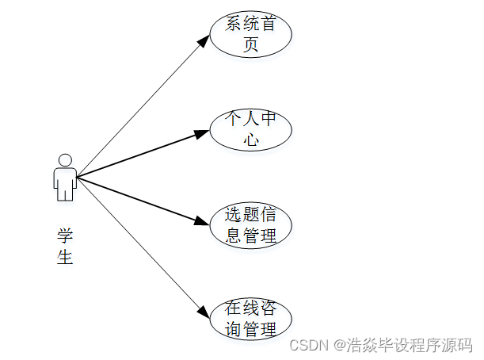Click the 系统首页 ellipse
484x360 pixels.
250,35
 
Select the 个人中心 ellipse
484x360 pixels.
250,129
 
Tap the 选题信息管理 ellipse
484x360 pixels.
250,225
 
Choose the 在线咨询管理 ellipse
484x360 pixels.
250,319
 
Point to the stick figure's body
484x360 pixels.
65,182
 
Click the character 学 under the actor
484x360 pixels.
65,236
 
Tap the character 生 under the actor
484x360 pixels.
65,258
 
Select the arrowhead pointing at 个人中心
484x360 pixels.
203,132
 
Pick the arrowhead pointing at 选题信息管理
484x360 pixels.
203,221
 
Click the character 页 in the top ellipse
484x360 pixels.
251,45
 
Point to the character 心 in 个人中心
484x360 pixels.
251,140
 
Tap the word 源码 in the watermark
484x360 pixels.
458,346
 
